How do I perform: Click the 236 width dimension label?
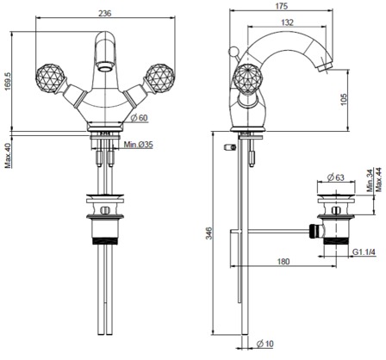click(x=105, y=13)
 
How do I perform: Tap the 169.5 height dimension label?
click(x=8, y=81)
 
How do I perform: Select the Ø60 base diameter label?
click(x=139, y=118)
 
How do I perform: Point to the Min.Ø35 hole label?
click(x=139, y=145)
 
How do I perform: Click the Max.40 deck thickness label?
click(x=8, y=155)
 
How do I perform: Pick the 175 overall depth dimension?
click(x=281, y=6)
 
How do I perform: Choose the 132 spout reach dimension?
click(x=288, y=22)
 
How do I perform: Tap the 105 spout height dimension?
click(x=344, y=99)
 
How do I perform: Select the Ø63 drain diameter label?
click(x=336, y=177)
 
